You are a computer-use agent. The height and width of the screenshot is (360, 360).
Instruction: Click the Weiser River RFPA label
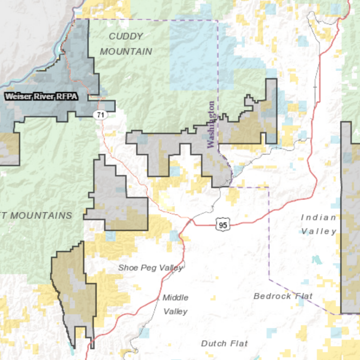(x=41, y=96)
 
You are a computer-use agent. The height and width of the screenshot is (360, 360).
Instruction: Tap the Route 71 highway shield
(x=100, y=115)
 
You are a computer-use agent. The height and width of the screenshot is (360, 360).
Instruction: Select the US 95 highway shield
(x=223, y=225)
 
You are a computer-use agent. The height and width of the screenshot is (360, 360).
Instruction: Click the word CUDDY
(x=126, y=36)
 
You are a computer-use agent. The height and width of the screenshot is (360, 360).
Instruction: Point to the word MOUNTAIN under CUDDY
(x=126, y=52)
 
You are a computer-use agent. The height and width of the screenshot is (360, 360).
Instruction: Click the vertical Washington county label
(x=211, y=125)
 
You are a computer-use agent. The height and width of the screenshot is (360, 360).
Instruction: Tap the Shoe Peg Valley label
(x=150, y=268)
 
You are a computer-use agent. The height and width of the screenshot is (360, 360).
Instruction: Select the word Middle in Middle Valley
(x=175, y=298)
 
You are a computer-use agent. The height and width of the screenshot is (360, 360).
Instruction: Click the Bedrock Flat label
(x=283, y=296)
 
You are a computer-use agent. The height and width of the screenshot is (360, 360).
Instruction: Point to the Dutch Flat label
(x=224, y=343)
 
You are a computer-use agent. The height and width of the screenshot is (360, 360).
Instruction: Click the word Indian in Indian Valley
(x=319, y=217)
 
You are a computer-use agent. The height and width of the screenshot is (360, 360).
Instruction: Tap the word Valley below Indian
(x=319, y=231)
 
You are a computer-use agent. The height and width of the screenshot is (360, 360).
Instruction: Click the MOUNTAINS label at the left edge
(x=39, y=216)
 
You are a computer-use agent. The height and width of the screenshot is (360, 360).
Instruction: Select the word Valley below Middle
(x=175, y=312)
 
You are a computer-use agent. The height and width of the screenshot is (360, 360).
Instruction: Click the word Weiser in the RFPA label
(x=17, y=96)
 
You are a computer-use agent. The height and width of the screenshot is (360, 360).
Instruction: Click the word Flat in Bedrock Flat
(x=304, y=296)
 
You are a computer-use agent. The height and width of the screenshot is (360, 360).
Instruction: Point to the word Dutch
(x=212, y=343)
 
